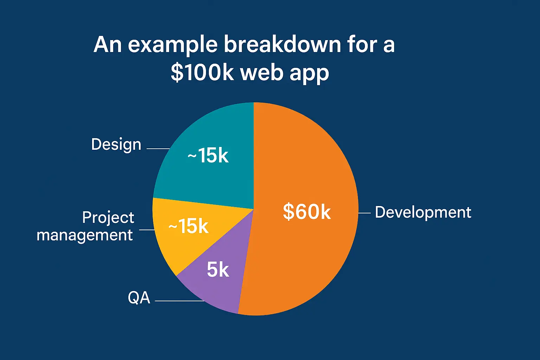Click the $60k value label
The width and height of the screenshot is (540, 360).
(307, 212)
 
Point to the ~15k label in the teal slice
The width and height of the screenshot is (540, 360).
(208, 155)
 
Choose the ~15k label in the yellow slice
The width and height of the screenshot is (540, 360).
(188, 226)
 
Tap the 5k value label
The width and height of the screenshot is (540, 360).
(218, 269)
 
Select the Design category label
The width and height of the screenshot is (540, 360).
(116, 145)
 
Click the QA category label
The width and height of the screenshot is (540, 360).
(139, 297)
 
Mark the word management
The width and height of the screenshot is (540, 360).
(85, 236)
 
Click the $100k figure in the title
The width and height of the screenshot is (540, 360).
(202, 72)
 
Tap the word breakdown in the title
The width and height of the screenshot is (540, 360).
(282, 44)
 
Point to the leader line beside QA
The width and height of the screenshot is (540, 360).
(180, 301)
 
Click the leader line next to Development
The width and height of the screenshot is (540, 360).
(364, 213)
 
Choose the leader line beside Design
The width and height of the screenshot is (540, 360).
(158, 149)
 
